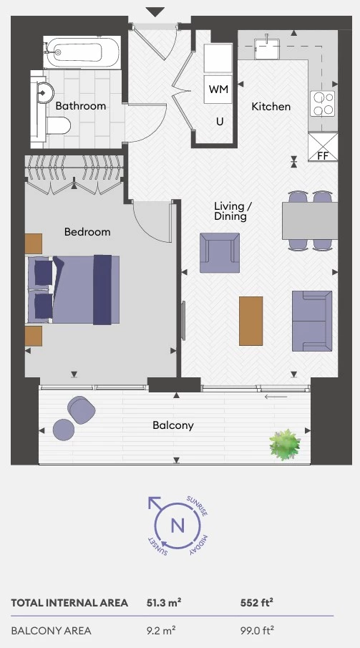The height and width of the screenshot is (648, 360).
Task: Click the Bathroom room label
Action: point(81,106)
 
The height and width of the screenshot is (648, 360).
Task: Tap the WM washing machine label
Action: point(218,89)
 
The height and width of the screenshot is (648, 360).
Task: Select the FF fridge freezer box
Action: point(323,147)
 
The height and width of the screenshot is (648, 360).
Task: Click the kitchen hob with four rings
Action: point(322,103)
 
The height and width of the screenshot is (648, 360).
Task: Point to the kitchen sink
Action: point(266,49)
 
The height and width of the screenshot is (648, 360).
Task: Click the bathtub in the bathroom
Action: point(82,52)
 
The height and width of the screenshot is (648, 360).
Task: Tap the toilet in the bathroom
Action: point(57,125)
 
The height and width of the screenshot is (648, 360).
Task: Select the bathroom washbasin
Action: point(45,92)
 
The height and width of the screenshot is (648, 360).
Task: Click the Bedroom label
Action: point(87,232)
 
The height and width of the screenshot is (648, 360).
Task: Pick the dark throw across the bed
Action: point(102,289)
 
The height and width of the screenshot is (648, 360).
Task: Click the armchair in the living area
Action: point(220,253)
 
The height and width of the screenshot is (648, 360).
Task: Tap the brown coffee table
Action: point(251,321)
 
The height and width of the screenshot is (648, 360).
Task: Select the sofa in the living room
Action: point(312,321)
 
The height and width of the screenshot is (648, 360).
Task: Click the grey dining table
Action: point(310,221)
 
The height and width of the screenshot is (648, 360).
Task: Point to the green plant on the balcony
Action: point(285,445)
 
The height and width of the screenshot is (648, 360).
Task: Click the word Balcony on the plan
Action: point(173,425)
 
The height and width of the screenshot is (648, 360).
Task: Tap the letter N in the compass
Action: point(177,526)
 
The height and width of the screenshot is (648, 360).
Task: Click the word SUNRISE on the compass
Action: point(197,506)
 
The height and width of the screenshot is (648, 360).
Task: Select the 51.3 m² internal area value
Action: point(164,603)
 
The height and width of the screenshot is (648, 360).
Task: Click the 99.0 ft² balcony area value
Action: point(257,631)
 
